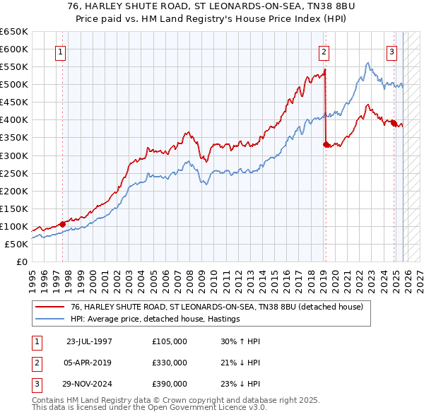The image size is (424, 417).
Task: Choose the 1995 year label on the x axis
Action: (x=33, y=276)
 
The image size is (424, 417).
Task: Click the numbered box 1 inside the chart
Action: (x=61, y=52)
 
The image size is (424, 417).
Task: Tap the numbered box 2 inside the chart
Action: (x=324, y=52)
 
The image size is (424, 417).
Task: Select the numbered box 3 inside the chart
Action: (x=391, y=52)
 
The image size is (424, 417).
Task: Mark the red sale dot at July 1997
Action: (x=63, y=224)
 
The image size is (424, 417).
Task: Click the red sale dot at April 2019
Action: (x=326, y=144)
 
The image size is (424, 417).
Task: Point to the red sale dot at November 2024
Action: (x=394, y=123)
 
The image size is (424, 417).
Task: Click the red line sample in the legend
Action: (x=49, y=307)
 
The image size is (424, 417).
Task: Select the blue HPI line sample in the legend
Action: (x=49, y=319)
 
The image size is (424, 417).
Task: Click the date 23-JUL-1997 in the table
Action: (x=89, y=341)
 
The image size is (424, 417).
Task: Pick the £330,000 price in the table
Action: (x=170, y=363)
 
